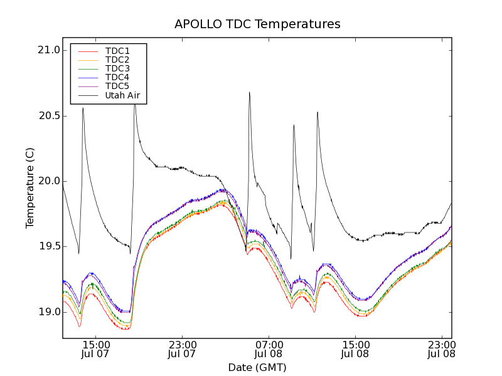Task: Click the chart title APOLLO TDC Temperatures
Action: point(257,24)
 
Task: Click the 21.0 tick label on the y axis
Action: point(48,50)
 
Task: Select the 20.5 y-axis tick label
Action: point(48,116)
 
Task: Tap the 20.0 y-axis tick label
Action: point(48,181)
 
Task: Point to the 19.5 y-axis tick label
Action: point(48,246)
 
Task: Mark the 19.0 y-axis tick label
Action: point(48,312)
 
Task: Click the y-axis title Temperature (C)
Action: point(30,188)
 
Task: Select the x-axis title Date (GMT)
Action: point(257,367)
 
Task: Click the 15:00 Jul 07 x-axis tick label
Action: point(96,349)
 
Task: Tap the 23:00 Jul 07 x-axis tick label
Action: point(183,349)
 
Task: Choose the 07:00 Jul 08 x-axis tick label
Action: point(269,349)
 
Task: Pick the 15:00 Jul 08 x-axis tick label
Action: point(356,349)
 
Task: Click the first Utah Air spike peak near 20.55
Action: point(83,108)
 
